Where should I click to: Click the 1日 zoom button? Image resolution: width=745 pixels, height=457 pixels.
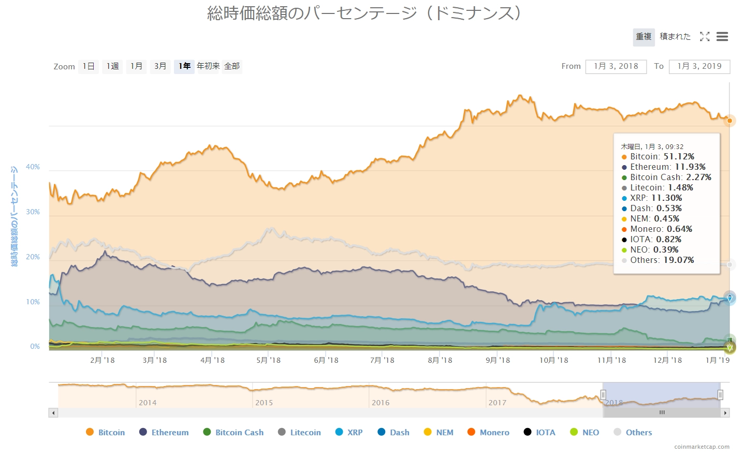pyautogui.click(x=89, y=66)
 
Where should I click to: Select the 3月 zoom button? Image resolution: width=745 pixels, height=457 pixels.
pyautogui.click(x=160, y=66)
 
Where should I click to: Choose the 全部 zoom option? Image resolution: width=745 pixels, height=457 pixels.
pyautogui.click(x=232, y=66)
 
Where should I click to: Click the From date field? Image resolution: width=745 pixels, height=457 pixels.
pyautogui.click(x=616, y=66)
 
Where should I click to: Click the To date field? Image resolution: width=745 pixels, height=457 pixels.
pyautogui.click(x=699, y=66)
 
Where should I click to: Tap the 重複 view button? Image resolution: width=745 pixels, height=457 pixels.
pyautogui.click(x=644, y=37)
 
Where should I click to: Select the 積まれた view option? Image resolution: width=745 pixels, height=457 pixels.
pyautogui.click(x=675, y=37)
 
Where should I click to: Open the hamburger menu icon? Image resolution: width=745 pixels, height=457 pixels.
pyautogui.click(x=722, y=37)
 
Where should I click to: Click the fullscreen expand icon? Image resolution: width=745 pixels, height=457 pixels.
pyautogui.click(x=705, y=37)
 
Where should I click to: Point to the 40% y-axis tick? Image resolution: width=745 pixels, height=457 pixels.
pyautogui.click(x=33, y=167)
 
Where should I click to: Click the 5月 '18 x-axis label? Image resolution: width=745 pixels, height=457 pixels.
pyautogui.click(x=269, y=360)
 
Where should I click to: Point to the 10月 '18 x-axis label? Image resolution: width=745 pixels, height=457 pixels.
pyautogui.click(x=554, y=360)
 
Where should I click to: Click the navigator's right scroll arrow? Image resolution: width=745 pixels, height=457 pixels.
pyautogui.click(x=725, y=413)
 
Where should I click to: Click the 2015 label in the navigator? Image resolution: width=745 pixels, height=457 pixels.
pyautogui.click(x=264, y=403)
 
